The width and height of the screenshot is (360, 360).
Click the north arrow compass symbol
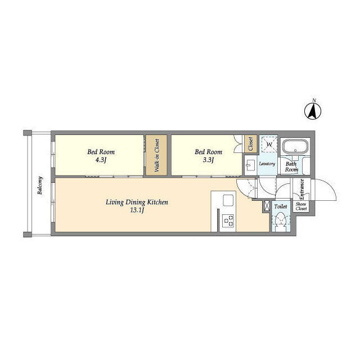[313, 111]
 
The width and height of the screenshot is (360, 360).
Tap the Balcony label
[40, 186]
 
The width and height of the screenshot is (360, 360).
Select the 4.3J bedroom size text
[101, 160]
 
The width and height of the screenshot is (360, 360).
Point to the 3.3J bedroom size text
[209, 160]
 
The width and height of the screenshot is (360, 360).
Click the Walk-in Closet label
[157, 155]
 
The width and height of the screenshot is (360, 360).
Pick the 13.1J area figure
[137, 210]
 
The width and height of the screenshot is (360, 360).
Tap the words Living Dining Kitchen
[137, 202]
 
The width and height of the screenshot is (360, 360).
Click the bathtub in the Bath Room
[296, 147]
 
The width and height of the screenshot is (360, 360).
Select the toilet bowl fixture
[281, 220]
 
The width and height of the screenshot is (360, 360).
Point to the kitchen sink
[228, 200]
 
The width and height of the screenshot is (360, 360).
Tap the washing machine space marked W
[269, 145]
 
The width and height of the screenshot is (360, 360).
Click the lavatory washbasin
[250, 165]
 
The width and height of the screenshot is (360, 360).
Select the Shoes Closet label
[301, 206]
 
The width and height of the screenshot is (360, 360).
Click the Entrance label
[302, 189]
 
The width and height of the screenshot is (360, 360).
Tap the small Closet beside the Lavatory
[250, 144]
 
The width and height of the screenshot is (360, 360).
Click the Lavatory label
[267, 164]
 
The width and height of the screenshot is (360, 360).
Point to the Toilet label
[281, 206]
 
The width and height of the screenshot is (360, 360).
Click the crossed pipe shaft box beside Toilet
[267, 205]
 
